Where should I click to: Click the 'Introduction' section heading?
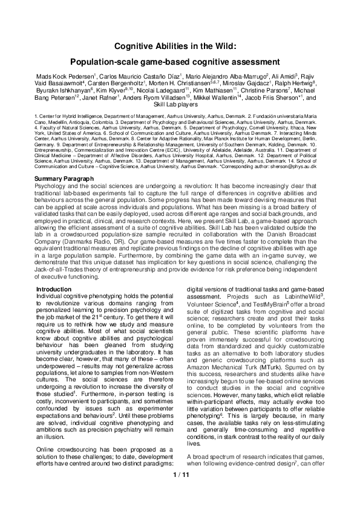click(x=54, y=290)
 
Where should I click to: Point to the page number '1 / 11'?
click(x=180, y=492)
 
